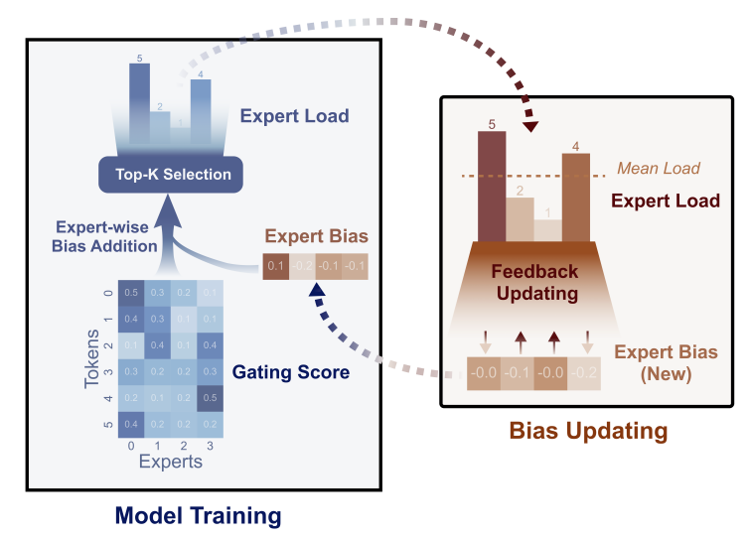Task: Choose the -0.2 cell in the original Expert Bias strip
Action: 302,265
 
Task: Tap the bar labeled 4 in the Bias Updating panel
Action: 574,197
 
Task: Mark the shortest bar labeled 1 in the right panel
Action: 547,229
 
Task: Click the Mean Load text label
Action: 659,168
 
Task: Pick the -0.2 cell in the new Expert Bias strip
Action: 584,372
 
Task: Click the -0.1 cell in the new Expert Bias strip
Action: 519,372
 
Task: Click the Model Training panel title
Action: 198,515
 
